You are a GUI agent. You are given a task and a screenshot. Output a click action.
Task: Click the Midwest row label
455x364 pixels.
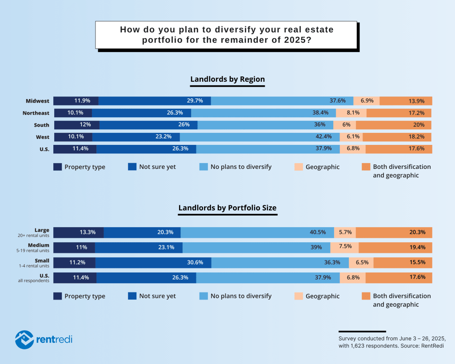(38, 101)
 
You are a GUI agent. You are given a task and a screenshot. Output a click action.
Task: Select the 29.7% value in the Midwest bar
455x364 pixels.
(195, 101)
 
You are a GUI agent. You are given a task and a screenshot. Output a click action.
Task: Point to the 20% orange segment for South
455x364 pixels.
(419, 125)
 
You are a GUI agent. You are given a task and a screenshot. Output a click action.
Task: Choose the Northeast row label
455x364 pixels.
(36, 113)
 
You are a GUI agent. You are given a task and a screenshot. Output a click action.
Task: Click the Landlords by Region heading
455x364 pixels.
(227, 80)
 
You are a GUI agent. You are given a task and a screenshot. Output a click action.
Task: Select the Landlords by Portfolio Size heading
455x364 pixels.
(227, 208)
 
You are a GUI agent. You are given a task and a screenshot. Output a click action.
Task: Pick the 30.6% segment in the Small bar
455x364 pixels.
(195, 262)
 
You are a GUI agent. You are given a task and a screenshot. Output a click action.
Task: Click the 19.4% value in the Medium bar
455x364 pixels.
(418, 247)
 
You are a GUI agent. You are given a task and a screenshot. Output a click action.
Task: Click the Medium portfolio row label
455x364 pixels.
(39, 245)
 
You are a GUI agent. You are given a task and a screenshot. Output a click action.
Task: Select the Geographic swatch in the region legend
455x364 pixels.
(299, 167)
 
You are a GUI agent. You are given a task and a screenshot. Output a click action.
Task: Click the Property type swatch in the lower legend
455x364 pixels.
(58, 296)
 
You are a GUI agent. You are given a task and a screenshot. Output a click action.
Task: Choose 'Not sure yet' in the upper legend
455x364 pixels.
(157, 167)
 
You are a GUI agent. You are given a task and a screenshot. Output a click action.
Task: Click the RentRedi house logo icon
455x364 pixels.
(24, 339)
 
